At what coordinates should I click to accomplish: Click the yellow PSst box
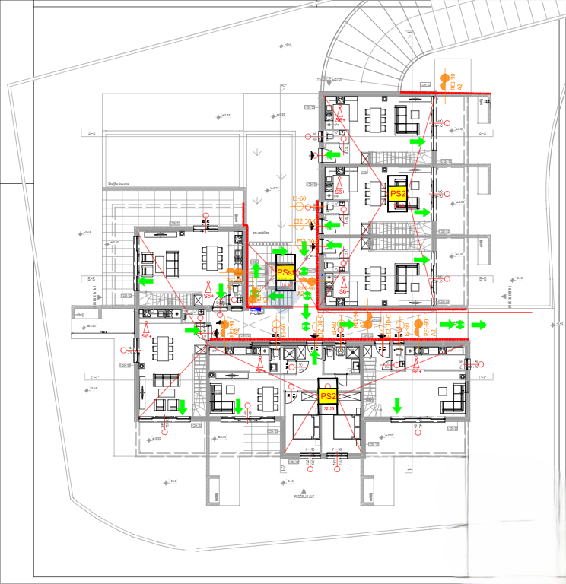tap(285, 271)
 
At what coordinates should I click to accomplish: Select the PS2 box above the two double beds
tap(328, 396)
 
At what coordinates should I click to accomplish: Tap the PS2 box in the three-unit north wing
tap(398, 193)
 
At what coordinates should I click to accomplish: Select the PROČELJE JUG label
tap(305, 495)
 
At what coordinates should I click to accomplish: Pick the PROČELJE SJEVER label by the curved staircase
tap(330, 78)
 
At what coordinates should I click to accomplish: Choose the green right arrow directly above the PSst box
tap(281, 252)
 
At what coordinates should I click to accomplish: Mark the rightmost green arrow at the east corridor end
tap(479, 325)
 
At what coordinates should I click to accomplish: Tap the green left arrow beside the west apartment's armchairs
tap(145, 281)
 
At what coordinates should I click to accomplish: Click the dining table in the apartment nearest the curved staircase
tap(377, 118)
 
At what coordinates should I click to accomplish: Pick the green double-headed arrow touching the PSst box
tap(304, 271)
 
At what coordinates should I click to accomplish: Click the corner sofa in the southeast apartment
tap(456, 395)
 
